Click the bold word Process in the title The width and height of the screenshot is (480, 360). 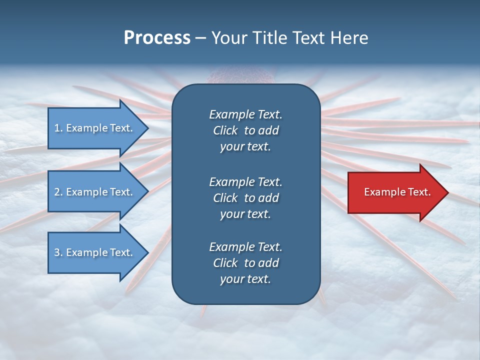pos(157,37)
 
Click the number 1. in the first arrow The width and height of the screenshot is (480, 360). pos(58,128)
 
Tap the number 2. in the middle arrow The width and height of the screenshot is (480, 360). pos(58,192)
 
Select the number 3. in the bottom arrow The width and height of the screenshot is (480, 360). pos(58,252)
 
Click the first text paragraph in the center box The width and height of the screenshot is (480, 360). pos(245,130)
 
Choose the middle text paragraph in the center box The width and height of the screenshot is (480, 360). pos(245,198)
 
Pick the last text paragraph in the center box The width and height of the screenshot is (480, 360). pos(245,263)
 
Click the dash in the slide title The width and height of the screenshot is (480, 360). pos(200,38)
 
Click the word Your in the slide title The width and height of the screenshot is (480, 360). pos(226,37)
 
